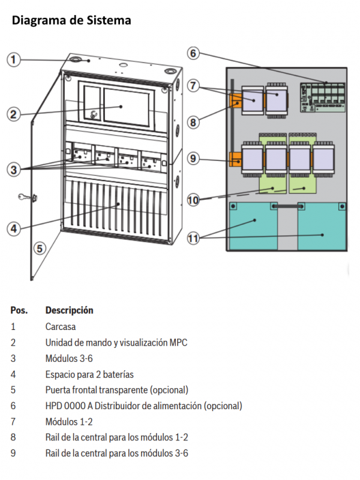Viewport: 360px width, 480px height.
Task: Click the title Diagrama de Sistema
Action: click(71, 21)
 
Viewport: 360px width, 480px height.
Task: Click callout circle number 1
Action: click(14, 59)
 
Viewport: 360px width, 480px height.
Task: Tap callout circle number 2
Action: click(14, 114)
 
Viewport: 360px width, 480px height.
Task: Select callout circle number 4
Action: click(14, 227)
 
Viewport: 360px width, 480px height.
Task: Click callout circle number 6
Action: click(193, 53)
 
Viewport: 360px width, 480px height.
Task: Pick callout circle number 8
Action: click(193, 122)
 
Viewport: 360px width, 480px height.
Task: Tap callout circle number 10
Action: click(193, 200)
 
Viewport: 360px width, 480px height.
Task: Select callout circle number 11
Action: click(193, 239)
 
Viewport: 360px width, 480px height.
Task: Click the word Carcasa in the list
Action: click(61, 328)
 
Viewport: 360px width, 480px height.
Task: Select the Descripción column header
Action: click(69, 311)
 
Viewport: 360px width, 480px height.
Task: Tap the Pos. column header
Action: click(19, 311)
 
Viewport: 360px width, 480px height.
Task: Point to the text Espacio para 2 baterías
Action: click(89, 374)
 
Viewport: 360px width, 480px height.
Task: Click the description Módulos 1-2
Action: click(69, 422)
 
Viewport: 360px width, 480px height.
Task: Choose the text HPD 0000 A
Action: click(68, 406)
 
